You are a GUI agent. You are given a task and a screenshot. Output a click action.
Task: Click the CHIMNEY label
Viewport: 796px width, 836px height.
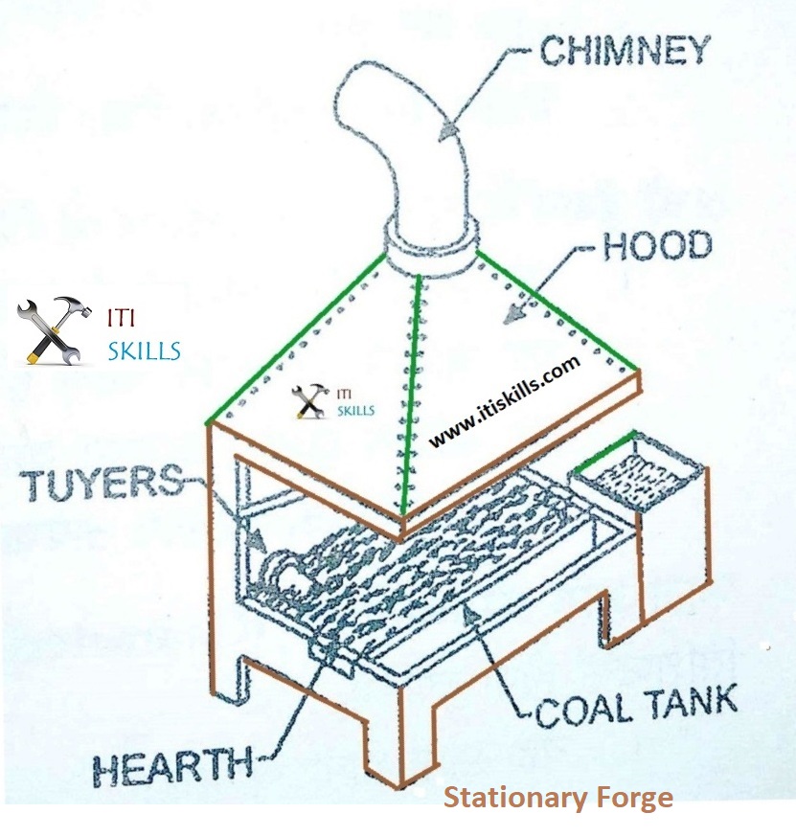(625, 50)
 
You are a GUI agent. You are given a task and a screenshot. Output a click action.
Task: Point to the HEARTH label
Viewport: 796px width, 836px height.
(171, 766)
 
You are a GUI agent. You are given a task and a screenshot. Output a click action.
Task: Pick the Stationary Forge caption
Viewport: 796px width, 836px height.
(557, 798)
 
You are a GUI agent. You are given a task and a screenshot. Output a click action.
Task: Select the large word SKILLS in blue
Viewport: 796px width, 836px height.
(143, 351)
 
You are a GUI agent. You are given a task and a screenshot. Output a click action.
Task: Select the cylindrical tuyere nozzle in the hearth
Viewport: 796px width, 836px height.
(283, 573)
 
